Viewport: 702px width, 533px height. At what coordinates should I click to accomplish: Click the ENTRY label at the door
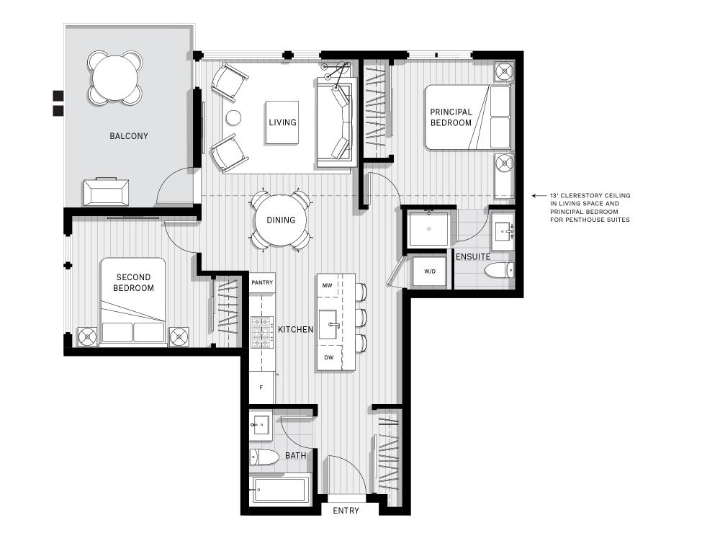346,510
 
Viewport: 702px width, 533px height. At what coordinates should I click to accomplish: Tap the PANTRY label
262,282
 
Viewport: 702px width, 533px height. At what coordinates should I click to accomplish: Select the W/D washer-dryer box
429,271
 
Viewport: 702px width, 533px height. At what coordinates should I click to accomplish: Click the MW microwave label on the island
328,285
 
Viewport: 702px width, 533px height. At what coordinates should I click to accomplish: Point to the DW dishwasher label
328,357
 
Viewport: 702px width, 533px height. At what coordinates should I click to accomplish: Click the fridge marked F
261,388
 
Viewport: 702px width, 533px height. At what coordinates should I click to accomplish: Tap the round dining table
281,220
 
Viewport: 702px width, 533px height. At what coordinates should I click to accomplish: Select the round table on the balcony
115,78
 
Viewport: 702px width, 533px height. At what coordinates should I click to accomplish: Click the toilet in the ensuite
500,270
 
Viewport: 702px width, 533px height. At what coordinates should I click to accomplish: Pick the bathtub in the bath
281,490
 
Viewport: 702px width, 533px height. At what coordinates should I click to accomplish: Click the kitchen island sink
330,325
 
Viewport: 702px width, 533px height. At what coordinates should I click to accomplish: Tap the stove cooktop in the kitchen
262,332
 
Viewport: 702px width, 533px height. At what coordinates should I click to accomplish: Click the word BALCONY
129,135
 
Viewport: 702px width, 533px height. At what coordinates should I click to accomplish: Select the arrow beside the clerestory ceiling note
539,196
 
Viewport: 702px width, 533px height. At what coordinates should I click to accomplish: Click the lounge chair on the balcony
106,192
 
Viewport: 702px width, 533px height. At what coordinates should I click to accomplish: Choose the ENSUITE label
473,256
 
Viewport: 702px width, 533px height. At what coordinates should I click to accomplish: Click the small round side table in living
233,118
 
